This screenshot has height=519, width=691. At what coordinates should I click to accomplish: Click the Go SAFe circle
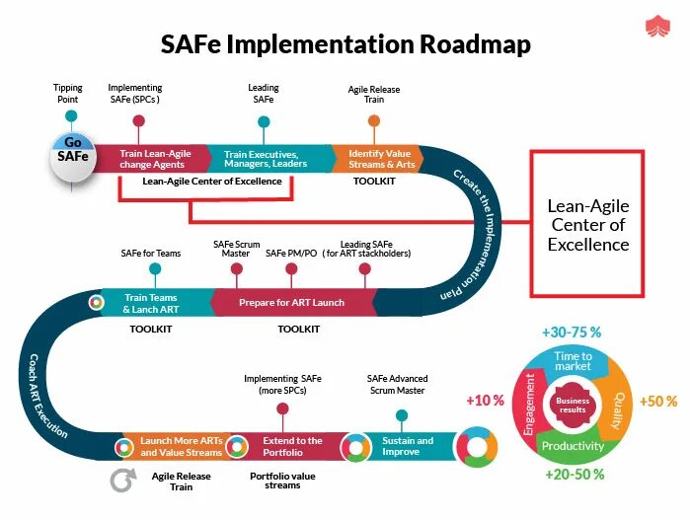click(x=74, y=155)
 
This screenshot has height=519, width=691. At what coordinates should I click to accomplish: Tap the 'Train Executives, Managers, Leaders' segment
click(x=266, y=158)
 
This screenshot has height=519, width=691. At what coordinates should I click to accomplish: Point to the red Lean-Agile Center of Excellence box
click(x=587, y=224)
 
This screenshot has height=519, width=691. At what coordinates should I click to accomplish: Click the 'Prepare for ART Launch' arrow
click(x=291, y=302)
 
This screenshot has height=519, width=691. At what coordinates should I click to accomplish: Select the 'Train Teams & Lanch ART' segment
click(x=150, y=302)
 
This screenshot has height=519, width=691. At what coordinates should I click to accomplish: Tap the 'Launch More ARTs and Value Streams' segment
click(x=181, y=446)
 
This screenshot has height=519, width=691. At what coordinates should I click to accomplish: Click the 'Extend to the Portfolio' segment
click(x=292, y=446)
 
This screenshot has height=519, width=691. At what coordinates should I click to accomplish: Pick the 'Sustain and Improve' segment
click(x=407, y=446)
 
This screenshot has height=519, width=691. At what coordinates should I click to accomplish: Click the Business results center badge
click(x=573, y=405)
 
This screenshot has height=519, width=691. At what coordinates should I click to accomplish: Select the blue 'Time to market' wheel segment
click(x=573, y=361)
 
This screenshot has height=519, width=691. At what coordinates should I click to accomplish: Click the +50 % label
click(x=658, y=402)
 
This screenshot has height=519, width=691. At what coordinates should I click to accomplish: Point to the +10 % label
click(x=485, y=401)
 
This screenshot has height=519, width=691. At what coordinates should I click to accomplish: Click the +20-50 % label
click(x=574, y=475)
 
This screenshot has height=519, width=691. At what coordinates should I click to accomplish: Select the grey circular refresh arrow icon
click(x=122, y=480)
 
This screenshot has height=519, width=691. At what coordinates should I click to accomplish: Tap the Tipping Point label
click(x=68, y=93)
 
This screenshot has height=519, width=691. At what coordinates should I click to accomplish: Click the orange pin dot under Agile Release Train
click(x=374, y=121)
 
